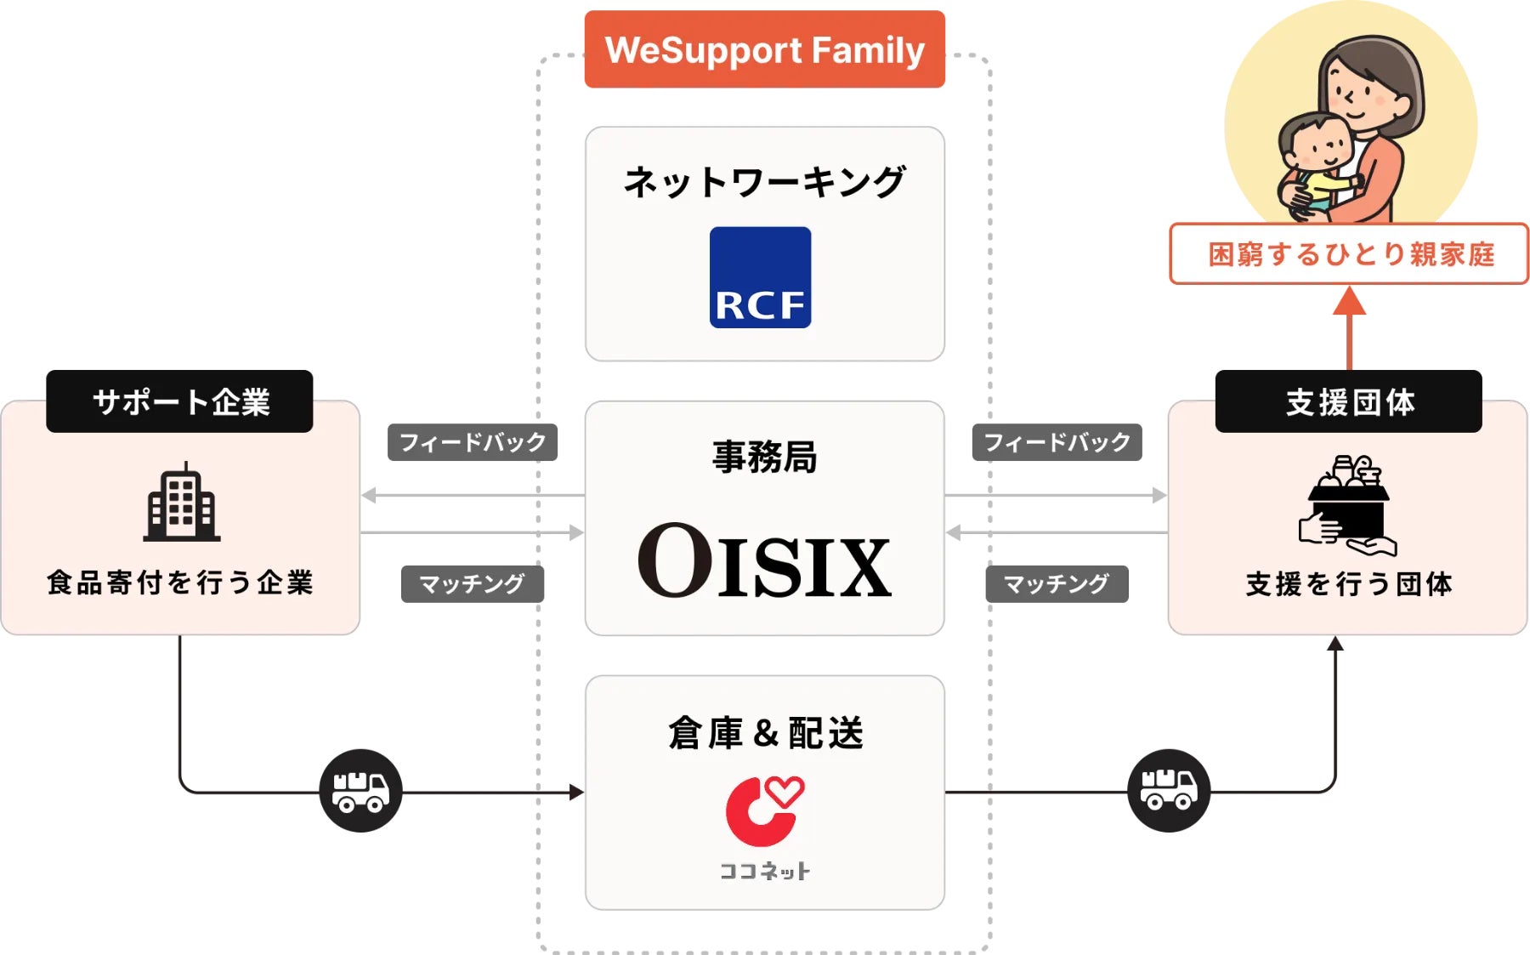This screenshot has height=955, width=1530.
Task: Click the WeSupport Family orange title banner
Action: coord(764,49)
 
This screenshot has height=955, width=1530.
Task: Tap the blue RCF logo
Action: coord(760,277)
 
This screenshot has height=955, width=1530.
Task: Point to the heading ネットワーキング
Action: coord(764,182)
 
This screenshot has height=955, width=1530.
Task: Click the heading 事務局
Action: coord(764,457)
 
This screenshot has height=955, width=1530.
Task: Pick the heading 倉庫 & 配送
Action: coord(765,733)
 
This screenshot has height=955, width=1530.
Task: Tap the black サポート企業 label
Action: coord(179,401)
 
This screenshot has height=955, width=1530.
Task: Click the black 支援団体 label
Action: coord(1349,401)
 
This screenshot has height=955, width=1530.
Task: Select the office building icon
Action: coord(182,503)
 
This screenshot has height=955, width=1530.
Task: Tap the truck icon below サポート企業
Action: coord(360,791)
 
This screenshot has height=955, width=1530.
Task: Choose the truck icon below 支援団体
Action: coord(1169,791)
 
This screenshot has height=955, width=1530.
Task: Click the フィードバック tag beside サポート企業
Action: coord(473,442)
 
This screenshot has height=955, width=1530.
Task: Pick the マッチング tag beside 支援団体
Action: coord(1057,584)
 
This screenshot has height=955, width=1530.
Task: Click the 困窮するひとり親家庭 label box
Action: coord(1349,253)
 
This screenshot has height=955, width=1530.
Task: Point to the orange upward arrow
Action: coord(1349,328)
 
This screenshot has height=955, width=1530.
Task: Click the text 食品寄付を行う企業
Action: coord(180,583)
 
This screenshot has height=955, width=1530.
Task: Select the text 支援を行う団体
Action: coord(1349,584)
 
